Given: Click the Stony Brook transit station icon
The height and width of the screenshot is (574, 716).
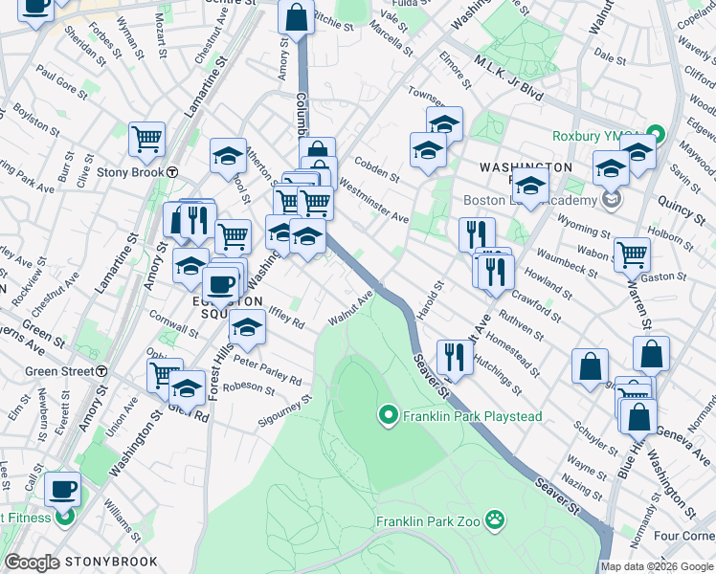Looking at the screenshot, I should coord(172,173).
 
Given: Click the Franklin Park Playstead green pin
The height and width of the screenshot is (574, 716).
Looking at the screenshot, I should coord(388,416).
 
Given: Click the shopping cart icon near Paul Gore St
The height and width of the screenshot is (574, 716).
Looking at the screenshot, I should coord(147,139).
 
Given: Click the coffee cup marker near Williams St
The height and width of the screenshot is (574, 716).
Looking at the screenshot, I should coord(63,489).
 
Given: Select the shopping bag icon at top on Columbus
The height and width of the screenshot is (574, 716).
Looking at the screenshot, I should coord(297,16).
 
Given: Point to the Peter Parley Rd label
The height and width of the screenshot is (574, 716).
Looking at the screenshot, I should coord(267,371).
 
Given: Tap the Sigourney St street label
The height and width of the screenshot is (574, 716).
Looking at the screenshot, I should coord(285,411).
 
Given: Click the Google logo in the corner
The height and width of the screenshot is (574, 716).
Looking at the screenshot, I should coord(33,563).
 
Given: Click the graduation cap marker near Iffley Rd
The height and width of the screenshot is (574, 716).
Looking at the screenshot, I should coord(248,330).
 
